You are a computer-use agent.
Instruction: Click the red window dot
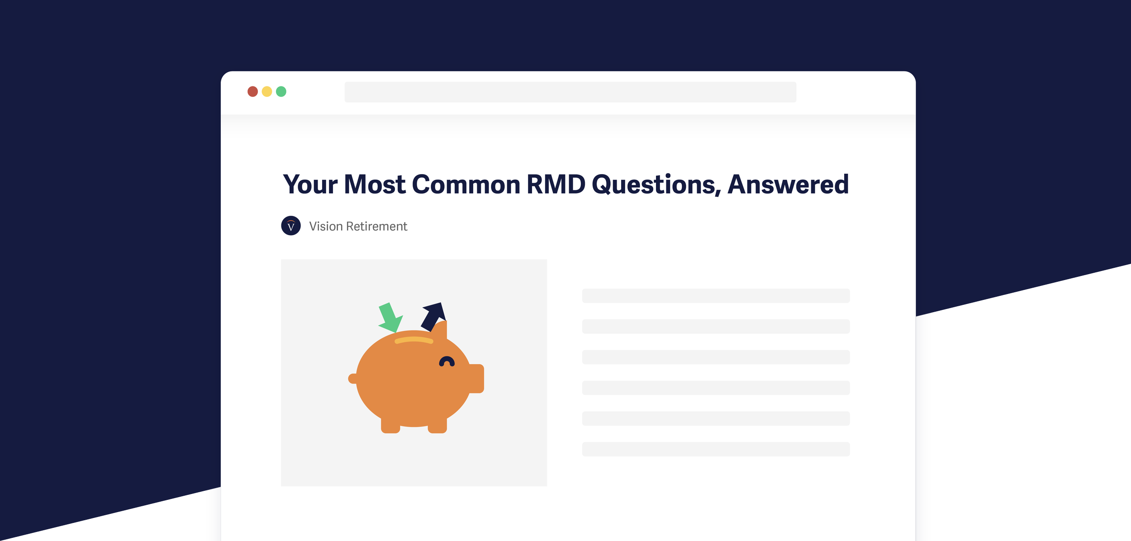tap(252, 92)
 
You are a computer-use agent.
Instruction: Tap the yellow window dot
tap(267, 92)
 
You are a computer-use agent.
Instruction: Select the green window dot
tap(281, 92)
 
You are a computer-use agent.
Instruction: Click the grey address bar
tap(570, 92)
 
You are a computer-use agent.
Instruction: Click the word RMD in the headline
tap(556, 185)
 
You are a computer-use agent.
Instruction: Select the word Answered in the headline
tap(788, 185)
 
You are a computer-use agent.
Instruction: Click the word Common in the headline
tap(466, 185)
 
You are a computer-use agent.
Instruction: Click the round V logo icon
tap(291, 226)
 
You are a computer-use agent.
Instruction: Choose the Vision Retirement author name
tap(358, 226)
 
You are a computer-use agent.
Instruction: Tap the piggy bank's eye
tap(447, 361)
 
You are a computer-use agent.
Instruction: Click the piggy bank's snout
tap(476, 378)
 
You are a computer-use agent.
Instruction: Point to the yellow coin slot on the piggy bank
tap(413, 340)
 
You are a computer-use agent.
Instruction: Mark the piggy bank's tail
tap(352, 378)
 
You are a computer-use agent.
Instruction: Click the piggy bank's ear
tap(441, 329)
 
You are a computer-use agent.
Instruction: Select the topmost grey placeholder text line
tap(716, 296)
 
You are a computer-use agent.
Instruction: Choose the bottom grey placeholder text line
tap(716, 449)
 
